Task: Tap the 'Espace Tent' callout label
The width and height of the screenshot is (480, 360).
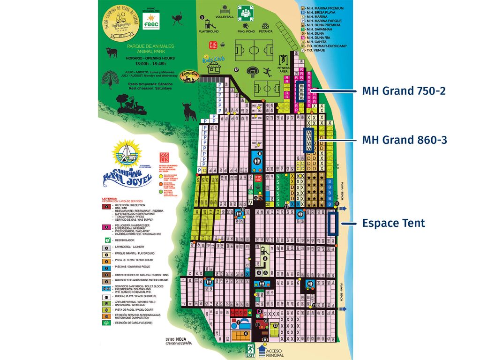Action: tap(393, 223)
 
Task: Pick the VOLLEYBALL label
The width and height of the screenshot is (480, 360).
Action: tap(224, 16)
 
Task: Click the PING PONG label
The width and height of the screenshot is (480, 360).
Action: tap(246, 31)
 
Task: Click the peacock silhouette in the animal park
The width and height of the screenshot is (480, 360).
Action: tap(111, 78)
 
